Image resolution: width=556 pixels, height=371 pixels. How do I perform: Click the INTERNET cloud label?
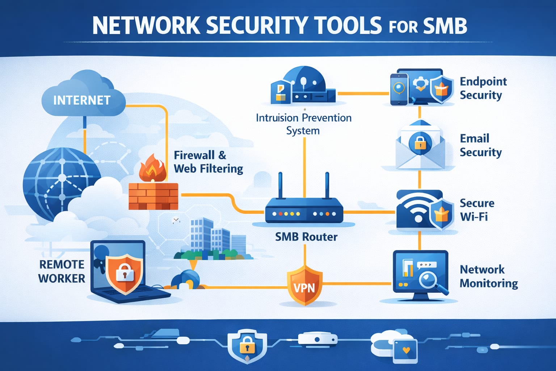pyautogui.click(x=82, y=100)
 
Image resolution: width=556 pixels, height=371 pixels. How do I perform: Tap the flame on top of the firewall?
pyautogui.click(x=152, y=168)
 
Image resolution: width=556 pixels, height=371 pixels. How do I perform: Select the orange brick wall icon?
pyautogui.click(x=153, y=196)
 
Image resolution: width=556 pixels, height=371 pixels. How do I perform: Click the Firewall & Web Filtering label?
pyautogui.click(x=208, y=162)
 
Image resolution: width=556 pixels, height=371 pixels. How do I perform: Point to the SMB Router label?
pyautogui.click(x=306, y=237)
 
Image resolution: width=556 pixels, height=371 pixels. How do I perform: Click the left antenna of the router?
pyautogui.click(x=281, y=185)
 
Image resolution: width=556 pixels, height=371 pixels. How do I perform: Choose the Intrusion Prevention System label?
pyautogui.click(x=304, y=124)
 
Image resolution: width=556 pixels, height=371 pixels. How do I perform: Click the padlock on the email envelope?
pyautogui.click(x=420, y=143)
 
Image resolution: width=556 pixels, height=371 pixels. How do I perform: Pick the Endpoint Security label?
pyautogui.click(x=483, y=88)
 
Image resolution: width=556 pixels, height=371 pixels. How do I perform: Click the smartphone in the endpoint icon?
pyautogui.click(x=399, y=89)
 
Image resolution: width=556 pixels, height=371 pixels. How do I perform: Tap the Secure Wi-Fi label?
pyautogui.click(x=477, y=210)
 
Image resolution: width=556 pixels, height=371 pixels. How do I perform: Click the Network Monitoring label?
pyautogui.click(x=489, y=276)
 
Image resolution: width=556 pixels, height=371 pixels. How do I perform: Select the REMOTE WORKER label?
pyautogui.click(x=62, y=272)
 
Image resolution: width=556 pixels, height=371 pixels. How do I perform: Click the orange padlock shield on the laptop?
pyautogui.click(x=125, y=274)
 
